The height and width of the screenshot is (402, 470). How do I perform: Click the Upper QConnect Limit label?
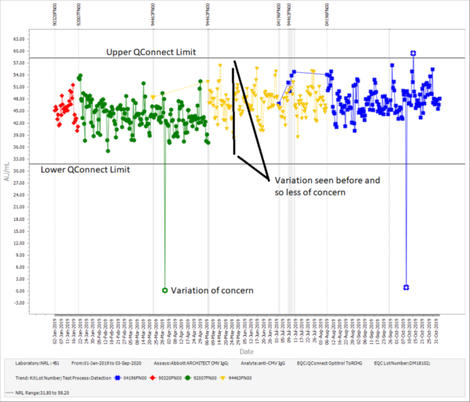tap(152, 52)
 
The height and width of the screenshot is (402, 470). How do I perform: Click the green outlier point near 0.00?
tap(164, 291)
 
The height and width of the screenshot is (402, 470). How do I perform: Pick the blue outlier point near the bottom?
tap(406, 288)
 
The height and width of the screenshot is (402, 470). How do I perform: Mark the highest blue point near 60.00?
tap(413, 53)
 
